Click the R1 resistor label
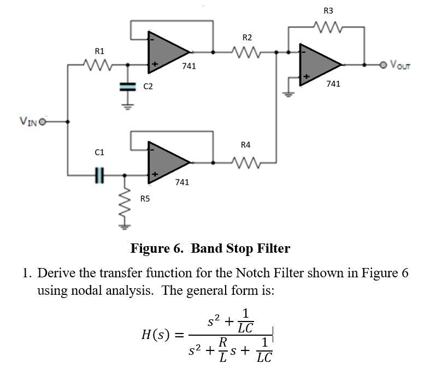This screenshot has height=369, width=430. (99, 51)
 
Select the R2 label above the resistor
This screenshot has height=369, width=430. (247, 38)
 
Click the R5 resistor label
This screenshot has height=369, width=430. (145, 199)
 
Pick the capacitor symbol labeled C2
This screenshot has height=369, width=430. (127, 86)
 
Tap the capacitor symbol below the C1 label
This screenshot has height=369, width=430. (99, 175)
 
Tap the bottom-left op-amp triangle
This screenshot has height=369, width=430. (167, 162)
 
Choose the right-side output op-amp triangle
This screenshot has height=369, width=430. (318, 64)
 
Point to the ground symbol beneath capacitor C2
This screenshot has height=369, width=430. (127, 105)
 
